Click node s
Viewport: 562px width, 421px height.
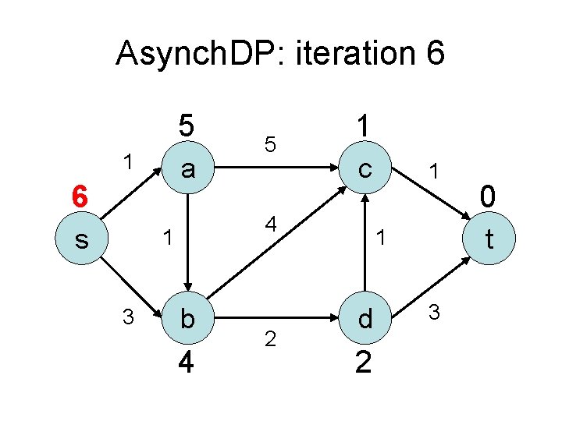coord(81,240)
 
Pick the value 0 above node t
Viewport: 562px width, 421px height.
coord(489,196)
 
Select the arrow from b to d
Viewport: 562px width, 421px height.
coord(273,318)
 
